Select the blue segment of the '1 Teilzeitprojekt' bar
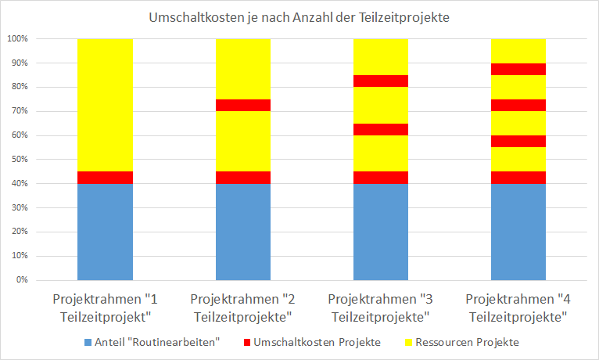tap(105, 232)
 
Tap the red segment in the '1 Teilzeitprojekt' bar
tap(105, 178)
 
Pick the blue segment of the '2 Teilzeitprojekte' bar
tap(242, 232)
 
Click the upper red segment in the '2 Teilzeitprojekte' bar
tap(242, 106)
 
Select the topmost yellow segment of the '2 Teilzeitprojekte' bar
tap(242, 69)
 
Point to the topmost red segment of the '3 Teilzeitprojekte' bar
tap(381, 81)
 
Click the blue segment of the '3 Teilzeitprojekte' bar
tap(381, 232)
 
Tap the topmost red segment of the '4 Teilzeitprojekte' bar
tap(518, 69)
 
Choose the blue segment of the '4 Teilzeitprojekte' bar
tap(518, 232)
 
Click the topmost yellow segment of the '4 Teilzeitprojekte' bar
tap(518, 51)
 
